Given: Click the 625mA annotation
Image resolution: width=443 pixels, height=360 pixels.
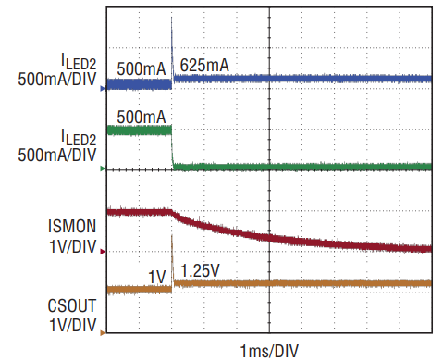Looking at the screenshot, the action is tap(204, 66).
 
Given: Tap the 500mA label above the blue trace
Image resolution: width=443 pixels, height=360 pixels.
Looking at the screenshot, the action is tap(142, 68).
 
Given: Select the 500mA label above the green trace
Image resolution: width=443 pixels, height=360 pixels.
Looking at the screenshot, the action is tap(142, 118).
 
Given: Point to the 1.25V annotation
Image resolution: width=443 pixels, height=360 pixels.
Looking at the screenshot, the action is tap(200, 271).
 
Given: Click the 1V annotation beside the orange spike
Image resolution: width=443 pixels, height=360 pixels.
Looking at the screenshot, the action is tap(157, 277).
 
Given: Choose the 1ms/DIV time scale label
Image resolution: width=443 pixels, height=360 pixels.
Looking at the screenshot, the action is tap(269, 351).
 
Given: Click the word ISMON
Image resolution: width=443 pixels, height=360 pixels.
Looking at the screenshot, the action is tap(72, 226).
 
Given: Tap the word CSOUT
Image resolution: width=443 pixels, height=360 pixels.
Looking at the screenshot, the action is tap(72, 305).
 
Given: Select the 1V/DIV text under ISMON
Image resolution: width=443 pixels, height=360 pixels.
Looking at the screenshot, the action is tap(73, 246).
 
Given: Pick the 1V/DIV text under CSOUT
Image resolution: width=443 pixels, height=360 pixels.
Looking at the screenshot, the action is tap(73, 325).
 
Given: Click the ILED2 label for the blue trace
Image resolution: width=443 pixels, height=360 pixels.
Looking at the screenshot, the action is tap(79, 61).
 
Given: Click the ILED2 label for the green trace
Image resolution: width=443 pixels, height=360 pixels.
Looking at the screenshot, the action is tap(79, 137).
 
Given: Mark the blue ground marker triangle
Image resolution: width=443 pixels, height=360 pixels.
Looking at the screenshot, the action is tap(103, 89).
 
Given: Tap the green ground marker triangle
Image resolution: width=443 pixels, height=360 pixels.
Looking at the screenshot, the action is tap(103, 168).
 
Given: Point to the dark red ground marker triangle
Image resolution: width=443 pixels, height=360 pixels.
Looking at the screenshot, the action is tap(103, 252).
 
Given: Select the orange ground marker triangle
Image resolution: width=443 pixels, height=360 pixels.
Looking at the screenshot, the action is tap(103, 333).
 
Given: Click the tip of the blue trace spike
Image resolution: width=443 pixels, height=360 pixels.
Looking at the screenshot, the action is tap(171, 17).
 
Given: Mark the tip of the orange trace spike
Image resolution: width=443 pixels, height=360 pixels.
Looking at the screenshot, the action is tap(171, 235).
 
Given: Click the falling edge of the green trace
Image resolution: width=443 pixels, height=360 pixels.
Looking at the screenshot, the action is tap(172, 147).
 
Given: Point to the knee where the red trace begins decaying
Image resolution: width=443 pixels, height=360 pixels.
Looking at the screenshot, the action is tap(171, 212).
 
